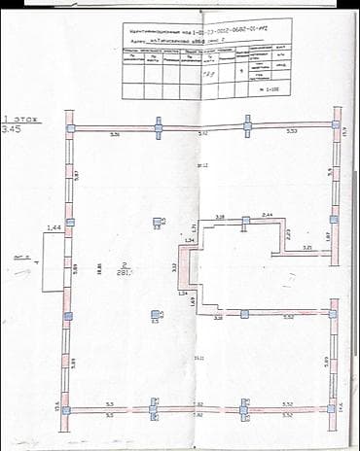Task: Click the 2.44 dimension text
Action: (267, 213)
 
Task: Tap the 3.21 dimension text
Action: (306, 248)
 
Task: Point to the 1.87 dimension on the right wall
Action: (328, 235)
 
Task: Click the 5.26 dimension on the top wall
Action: (114, 134)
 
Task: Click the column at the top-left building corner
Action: (69, 128)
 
